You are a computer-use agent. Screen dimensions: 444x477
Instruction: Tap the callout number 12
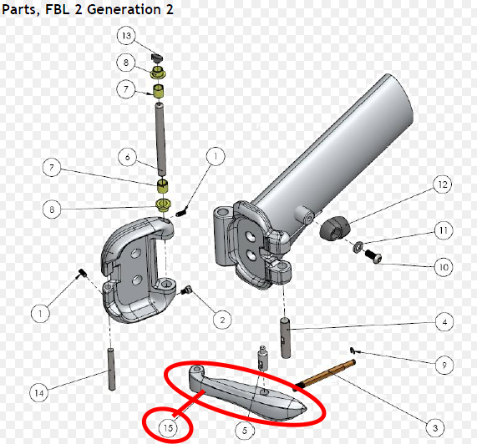[442, 184]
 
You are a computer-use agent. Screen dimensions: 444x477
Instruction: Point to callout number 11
[442, 230]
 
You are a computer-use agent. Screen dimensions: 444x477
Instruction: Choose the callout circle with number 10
[442, 267]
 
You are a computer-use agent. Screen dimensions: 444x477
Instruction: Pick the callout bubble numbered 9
[442, 365]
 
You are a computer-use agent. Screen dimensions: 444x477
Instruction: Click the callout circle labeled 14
[38, 391]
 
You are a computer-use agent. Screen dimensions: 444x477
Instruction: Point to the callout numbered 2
[221, 318]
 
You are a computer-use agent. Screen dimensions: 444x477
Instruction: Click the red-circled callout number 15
[170, 428]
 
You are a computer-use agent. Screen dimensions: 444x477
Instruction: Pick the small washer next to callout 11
[358, 246]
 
